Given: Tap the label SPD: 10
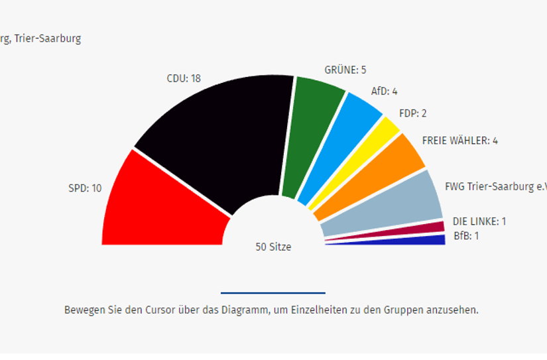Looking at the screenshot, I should (85, 188).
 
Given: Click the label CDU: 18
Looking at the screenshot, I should (184, 78).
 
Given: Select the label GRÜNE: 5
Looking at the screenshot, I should (345, 70).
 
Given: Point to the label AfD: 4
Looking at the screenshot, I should (384, 91).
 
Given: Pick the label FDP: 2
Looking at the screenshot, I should (413, 113).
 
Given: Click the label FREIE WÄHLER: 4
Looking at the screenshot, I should (459, 141).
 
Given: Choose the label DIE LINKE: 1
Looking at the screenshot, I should (479, 221).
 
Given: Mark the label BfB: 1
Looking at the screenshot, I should (466, 235).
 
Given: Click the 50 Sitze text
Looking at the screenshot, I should (273, 247).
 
